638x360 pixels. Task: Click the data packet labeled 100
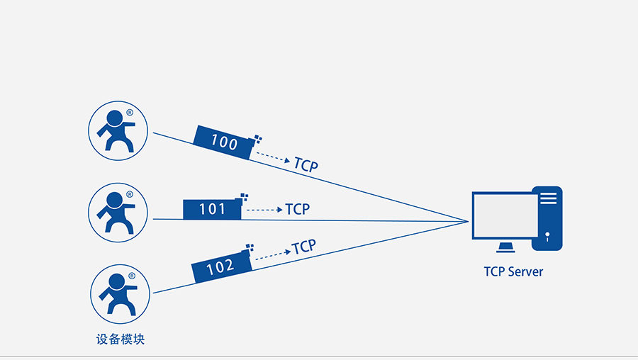click(x=224, y=142)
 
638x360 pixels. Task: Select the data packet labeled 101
click(x=212, y=209)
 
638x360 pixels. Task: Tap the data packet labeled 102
click(x=221, y=267)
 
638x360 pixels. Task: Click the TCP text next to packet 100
click(x=306, y=165)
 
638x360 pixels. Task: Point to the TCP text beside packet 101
click(x=298, y=209)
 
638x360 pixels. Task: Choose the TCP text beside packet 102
click(x=303, y=247)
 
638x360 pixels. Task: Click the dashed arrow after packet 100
click(x=273, y=157)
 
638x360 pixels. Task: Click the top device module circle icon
click(x=118, y=130)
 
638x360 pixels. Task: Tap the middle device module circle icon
click(x=118, y=210)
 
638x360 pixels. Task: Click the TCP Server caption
click(x=514, y=271)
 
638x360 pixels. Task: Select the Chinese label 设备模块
click(x=121, y=339)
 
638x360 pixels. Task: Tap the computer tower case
click(x=547, y=218)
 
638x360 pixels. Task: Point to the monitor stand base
click(x=505, y=248)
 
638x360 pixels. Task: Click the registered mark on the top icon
click(x=130, y=112)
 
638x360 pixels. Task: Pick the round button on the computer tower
click(x=547, y=233)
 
